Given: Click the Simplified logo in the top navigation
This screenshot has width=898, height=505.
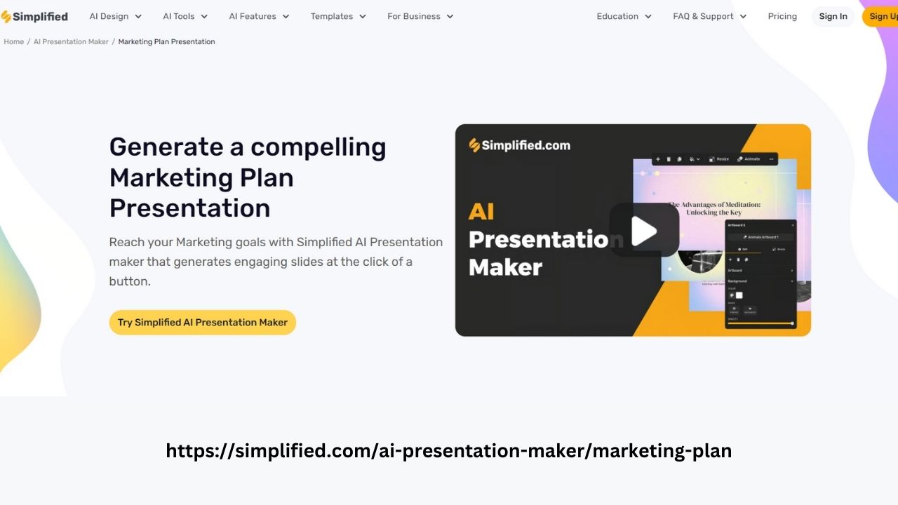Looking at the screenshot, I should [34, 16].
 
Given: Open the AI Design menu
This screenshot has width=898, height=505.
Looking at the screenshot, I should [115, 16].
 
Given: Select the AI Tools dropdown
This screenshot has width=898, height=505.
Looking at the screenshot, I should [185, 16].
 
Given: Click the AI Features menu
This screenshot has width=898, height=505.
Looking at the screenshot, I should [259, 16].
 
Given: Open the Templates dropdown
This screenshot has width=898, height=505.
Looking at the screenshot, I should [338, 16].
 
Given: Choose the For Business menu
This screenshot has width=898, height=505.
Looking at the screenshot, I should [420, 16].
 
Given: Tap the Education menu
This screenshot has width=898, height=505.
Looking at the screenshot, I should [624, 16].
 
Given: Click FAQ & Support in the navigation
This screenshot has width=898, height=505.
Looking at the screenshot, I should [709, 16].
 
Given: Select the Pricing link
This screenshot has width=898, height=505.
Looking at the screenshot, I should [782, 16].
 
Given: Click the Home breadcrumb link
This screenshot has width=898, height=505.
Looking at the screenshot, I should [14, 42].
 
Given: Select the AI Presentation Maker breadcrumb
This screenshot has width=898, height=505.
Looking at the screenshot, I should [71, 42].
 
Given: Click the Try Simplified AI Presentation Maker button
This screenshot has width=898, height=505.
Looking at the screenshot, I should [203, 323].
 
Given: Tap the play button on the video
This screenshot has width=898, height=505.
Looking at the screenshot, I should [644, 231].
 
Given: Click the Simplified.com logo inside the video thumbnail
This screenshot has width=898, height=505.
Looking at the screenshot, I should [520, 145].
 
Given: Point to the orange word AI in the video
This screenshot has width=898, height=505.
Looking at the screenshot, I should [481, 212].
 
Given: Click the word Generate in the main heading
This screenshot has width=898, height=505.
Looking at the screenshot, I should [166, 147].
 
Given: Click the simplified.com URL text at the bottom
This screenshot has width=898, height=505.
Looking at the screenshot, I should [448, 450].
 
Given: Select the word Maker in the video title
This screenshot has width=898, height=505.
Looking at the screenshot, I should [505, 267].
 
